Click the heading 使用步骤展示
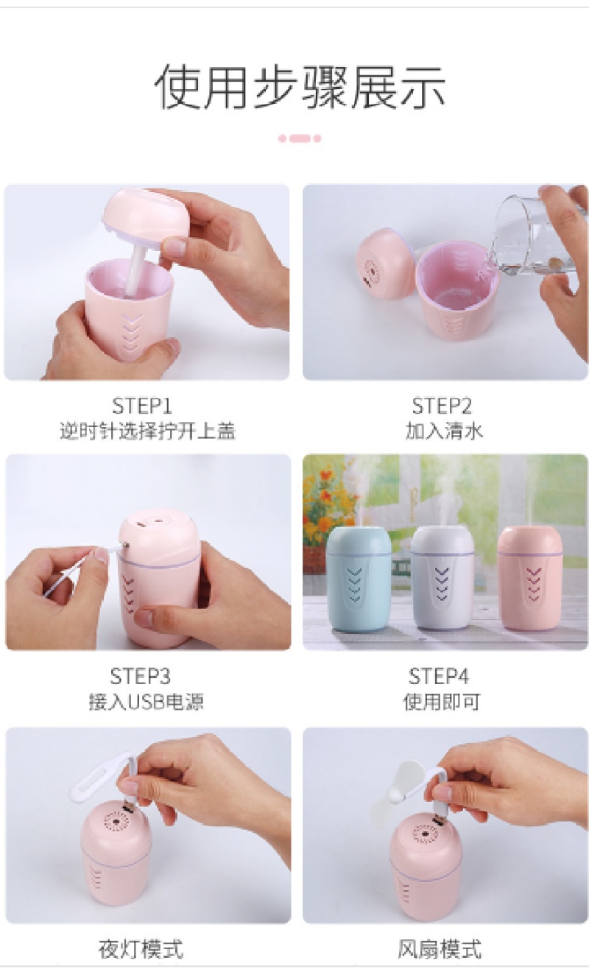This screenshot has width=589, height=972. [x=300, y=87]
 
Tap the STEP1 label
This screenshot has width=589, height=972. [x=142, y=406]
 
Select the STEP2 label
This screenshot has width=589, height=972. [x=442, y=406]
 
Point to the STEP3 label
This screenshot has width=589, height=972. [x=140, y=676]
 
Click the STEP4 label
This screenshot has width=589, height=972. [x=439, y=676]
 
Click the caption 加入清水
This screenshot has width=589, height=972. [x=444, y=432]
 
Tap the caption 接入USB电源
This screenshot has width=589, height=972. [x=147, y=702]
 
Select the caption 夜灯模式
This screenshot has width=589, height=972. [x=141, y=948]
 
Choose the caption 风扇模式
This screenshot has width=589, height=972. [x=440, y=948]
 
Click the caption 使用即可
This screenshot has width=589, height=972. [x=442, y=702]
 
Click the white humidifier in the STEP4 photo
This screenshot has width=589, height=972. [x=442, y=577]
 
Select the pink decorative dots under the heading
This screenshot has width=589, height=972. [x=299, y=138]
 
